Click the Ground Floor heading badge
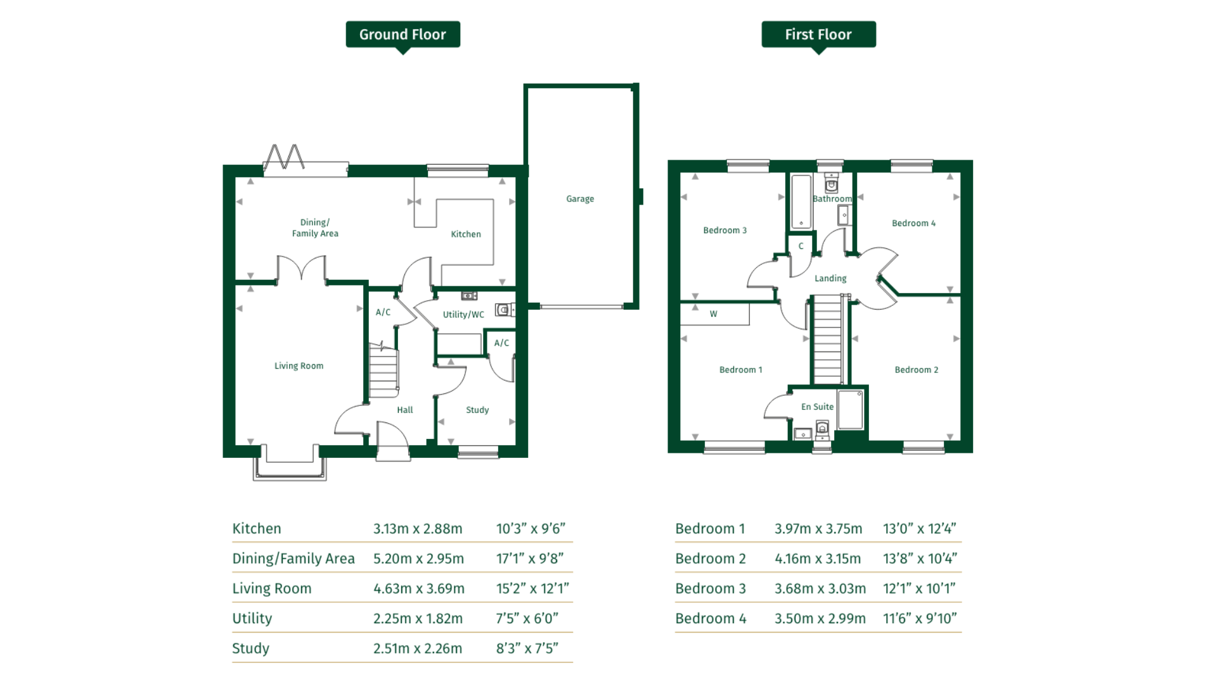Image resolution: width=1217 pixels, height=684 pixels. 402,35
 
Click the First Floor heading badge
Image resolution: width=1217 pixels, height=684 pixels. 818,35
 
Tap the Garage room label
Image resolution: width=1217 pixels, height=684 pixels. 580,199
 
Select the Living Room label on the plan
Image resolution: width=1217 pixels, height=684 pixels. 299,366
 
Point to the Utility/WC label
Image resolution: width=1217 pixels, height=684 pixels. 463,315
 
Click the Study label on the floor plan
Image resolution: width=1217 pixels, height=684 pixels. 477,410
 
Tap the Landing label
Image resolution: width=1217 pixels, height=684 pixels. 830,279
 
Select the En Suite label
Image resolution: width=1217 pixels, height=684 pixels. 817,407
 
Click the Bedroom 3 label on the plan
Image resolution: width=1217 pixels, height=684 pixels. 724,231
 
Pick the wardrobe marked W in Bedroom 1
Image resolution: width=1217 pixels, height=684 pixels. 714,314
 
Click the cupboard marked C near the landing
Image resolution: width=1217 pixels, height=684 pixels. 801,246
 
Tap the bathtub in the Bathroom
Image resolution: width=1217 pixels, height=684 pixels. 801,201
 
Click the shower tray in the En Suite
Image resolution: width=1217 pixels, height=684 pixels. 850,410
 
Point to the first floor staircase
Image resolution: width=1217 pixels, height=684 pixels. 828,340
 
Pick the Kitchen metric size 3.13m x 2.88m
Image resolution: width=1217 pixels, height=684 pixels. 418,529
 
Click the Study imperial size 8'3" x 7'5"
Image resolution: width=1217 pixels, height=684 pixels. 527,649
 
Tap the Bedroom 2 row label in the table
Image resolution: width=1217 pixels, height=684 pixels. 711,559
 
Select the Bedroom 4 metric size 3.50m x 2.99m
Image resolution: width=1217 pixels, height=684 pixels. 820,619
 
